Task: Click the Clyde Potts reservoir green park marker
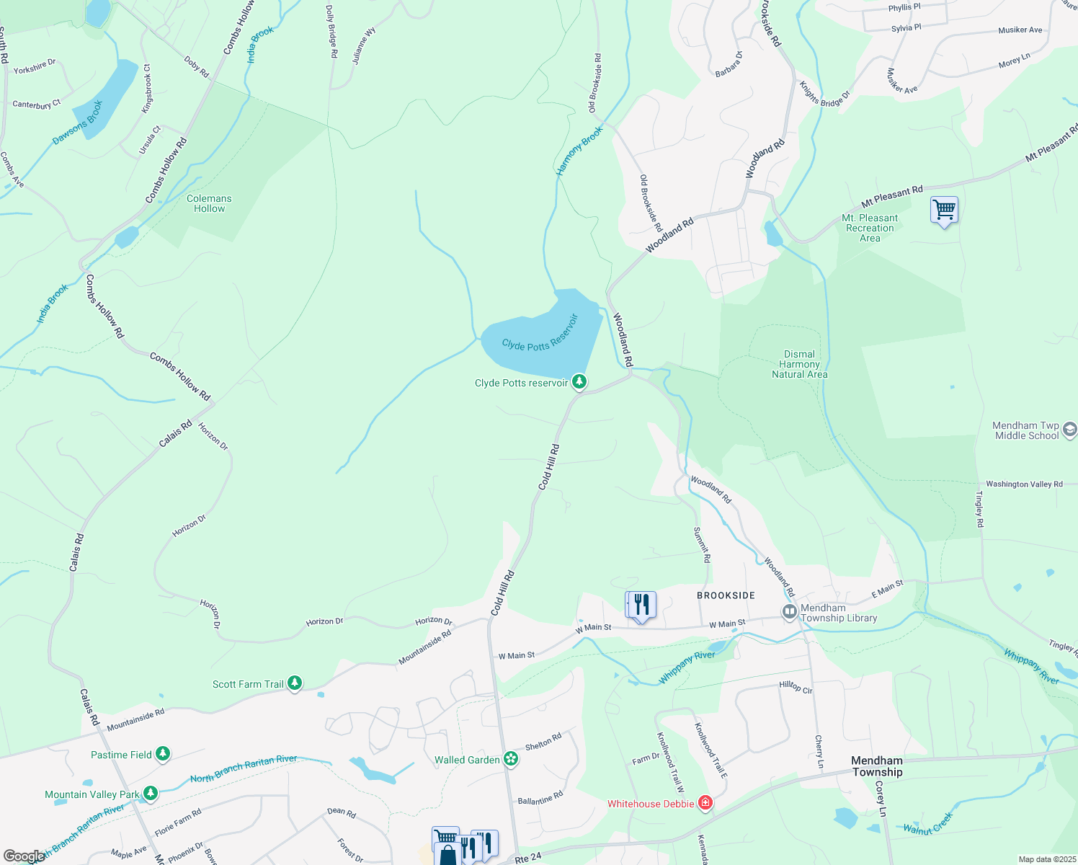point(579,381)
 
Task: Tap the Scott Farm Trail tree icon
point(294,682)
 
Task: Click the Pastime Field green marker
point(163,753)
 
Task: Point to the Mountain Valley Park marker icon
point(150,793)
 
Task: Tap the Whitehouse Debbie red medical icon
point(705,802)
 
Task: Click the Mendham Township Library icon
point(790,612)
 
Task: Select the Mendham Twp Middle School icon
point(1070,430)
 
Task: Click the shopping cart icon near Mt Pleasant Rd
point(944,210)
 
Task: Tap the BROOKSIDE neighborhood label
point(726,595)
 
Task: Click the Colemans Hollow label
point(209,203)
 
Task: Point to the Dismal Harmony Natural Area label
point(799,364)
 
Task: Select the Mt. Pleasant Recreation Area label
point(870,228)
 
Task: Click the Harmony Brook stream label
point(579,151)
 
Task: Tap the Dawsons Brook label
point(78,122)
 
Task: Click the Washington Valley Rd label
point(1024,484)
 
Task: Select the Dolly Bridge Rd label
point(331,32)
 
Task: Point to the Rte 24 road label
point(528,859)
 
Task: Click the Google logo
point(23,856)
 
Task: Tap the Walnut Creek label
point(928,824)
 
